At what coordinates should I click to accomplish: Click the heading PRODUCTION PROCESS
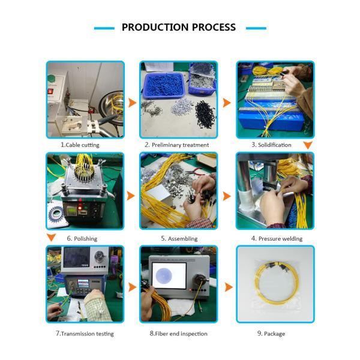coord(179,28)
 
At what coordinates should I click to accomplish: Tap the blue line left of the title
coord(104,28)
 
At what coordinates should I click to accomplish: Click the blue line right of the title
coord(256,28)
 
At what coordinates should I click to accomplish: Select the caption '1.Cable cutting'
coord(80,145)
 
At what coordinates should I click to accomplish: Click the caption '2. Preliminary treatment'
coord(177,145)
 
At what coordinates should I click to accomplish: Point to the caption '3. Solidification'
coord(271,145)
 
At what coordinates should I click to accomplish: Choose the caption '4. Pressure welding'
coord(277,239)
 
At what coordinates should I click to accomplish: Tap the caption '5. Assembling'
coord(179,239)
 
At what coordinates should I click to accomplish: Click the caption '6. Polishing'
coord(82,239)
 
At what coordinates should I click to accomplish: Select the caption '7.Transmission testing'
coord(85,334)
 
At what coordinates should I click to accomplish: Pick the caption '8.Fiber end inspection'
coord(178,334)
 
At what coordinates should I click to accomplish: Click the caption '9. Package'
coord(271,334)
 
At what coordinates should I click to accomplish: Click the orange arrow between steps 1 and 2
coord(132,103)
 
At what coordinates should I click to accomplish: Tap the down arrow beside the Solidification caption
coord(308,145)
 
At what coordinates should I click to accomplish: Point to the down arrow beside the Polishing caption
coord(51,238)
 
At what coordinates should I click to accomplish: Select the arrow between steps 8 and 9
coord(229,287)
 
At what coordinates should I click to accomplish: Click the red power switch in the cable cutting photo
coord(50,91)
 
